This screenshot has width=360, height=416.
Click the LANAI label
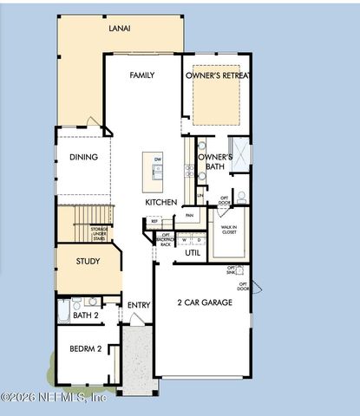(x=120, y=29)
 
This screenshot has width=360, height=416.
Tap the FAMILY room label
(x=142, y=75)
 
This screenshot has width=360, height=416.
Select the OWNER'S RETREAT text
(x=218, y=75)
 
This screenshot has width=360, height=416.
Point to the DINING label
(x=83, y=157)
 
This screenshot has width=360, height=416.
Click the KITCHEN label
(x=161, y=202)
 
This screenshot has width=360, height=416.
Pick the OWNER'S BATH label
(x=212, y=161)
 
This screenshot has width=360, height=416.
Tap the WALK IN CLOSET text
(x=229, y=230)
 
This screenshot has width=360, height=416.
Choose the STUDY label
(x=88, y=261)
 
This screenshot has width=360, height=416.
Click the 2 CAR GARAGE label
(x=205, y=302)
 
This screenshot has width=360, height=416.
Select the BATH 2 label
(x=86, y=315)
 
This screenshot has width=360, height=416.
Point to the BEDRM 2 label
(x=87, y=348)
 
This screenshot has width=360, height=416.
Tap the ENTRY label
(x=139, y=305)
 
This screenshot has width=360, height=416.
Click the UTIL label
(x=193, y=253)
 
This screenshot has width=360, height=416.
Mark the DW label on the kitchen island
(x=157, y=160)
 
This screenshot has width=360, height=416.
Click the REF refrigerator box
(x=155, y=222)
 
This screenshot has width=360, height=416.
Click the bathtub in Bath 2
(x=63, y=311)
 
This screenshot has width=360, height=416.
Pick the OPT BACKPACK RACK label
(x=165, y=239)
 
